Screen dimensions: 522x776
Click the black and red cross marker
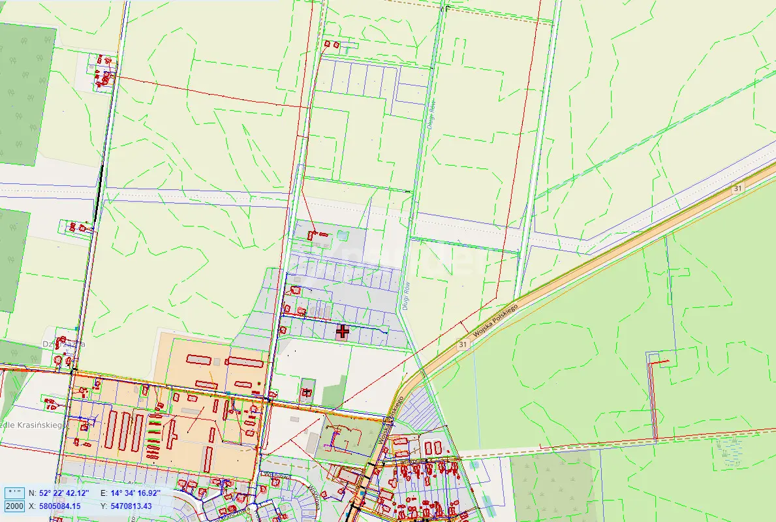point(343,331)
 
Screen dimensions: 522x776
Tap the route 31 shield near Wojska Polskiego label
point(463,344)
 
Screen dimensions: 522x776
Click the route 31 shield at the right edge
point(737,188)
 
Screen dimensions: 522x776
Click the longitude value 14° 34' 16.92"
point(136,493)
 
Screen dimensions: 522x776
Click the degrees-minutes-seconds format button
point(14,493)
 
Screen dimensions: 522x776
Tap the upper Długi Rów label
point(431,115)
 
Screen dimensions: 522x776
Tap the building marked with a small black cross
point(306,393)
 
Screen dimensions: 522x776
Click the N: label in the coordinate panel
point(32,493)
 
